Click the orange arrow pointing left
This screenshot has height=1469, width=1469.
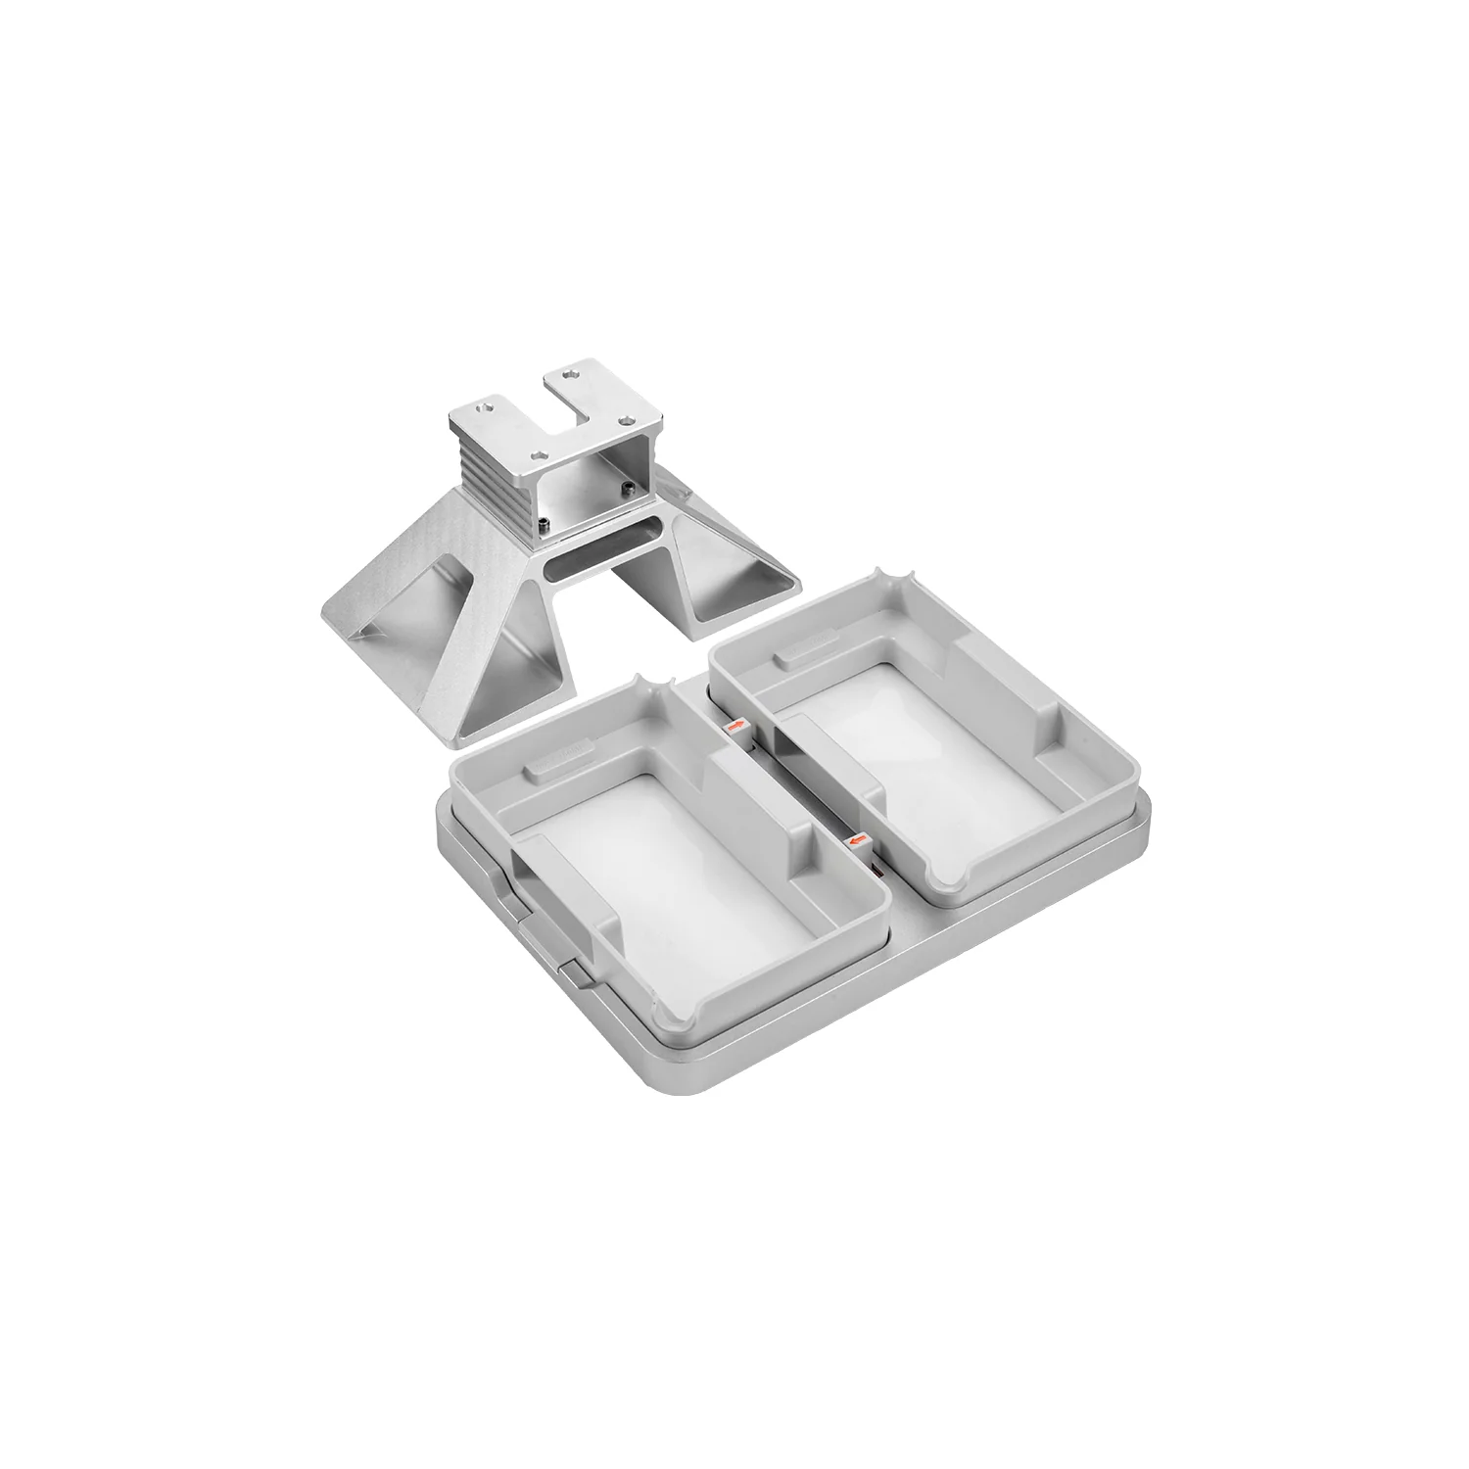[859, 839]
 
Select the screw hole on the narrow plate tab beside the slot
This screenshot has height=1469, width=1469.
[571, 375]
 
